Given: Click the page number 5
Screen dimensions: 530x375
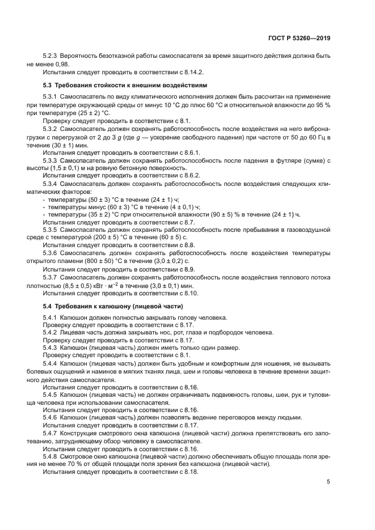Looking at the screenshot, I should coord(328,482).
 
